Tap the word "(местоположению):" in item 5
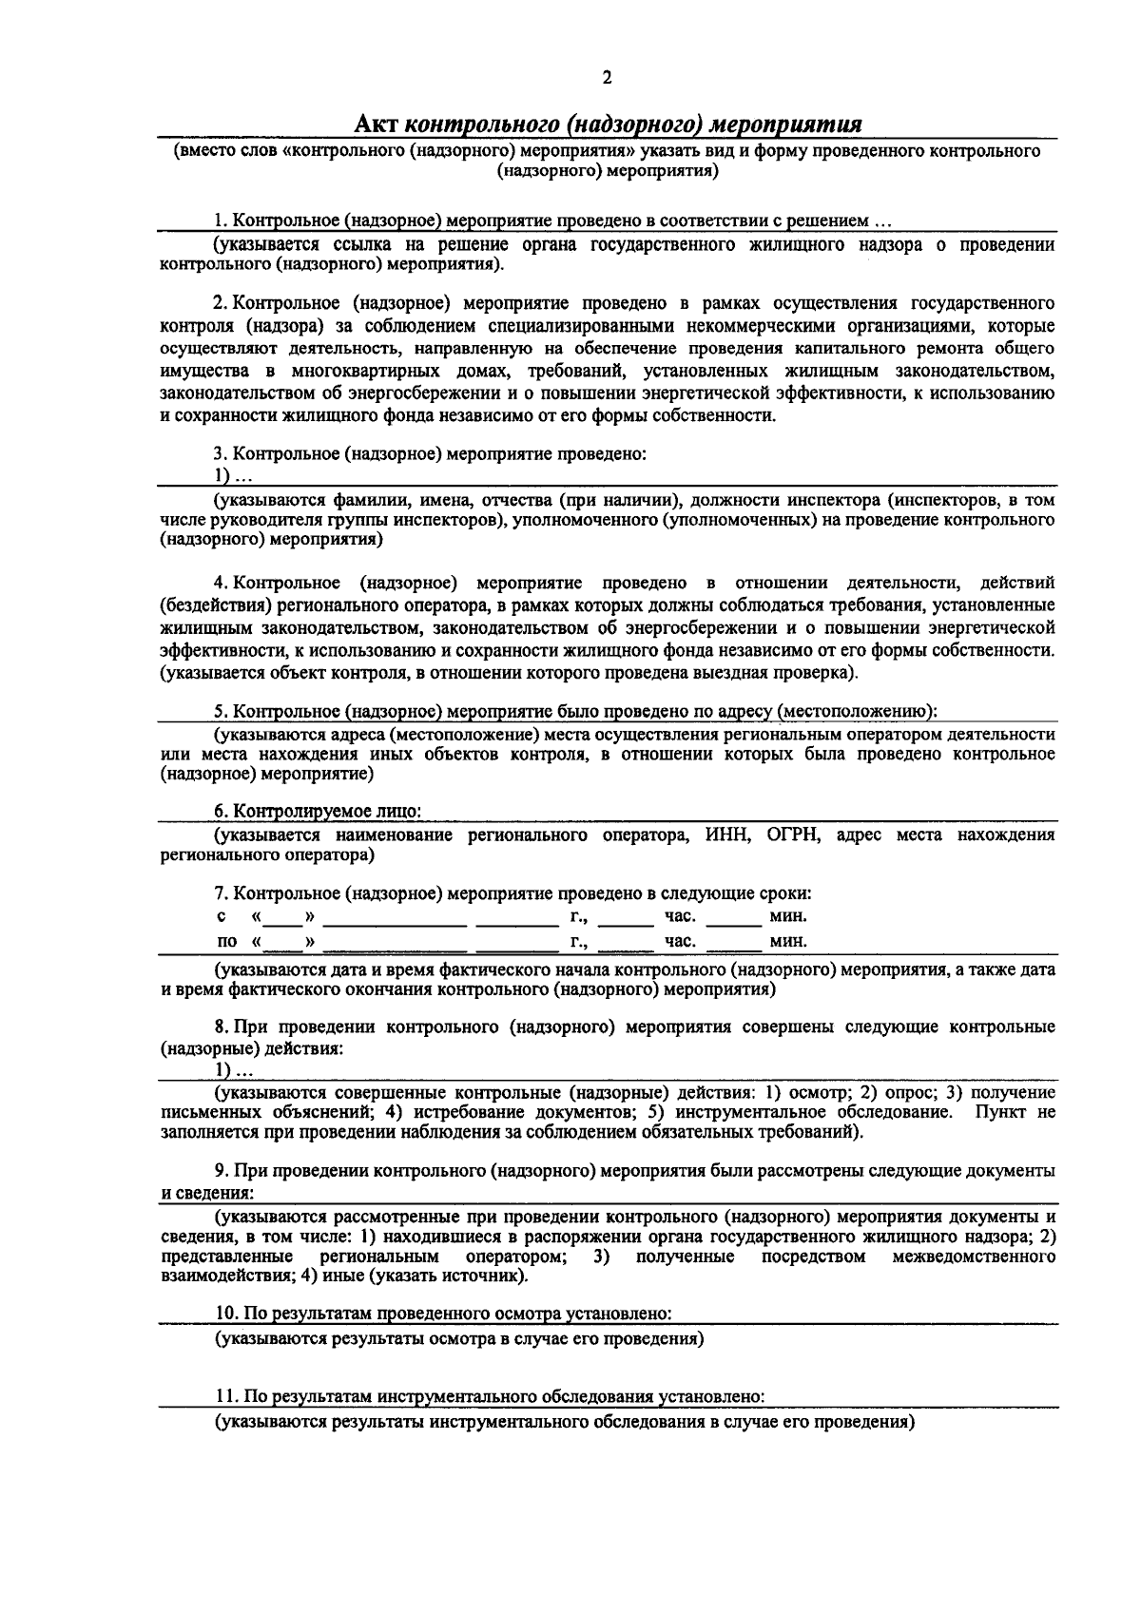coord(859,711)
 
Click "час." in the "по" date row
coord(680,941)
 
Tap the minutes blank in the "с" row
coord(733,917)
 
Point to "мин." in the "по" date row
coord(788,941)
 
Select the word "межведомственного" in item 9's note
coord(974,1257)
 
